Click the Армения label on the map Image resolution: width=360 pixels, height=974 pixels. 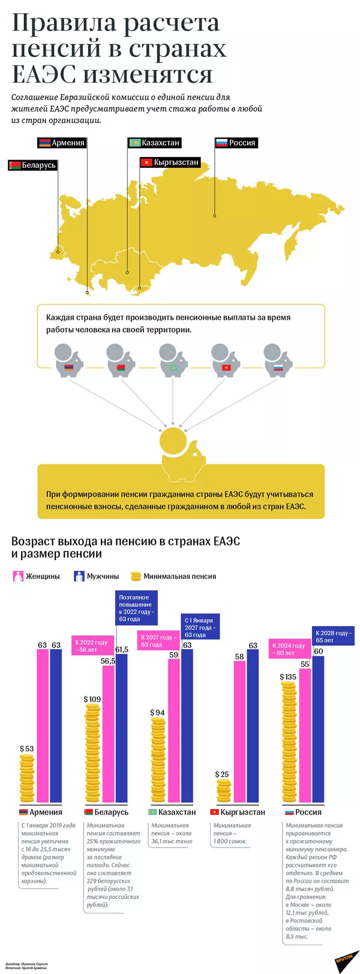pyautogui.click(x=61, y=143)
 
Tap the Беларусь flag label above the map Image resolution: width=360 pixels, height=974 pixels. pyautogui.click(x=32, y=165)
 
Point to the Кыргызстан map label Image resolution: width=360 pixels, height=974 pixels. pyautogui.click(x=169, y=163)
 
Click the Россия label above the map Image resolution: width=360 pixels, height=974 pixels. pyautogui.click(x=236, y=143)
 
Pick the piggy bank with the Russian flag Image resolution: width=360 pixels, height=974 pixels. pyautogui.click(x=278, y=360)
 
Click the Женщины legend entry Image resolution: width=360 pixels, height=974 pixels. pyautogui.click(x=37, y=576)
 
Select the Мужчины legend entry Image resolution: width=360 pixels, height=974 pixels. pyautogui.click(x=96, y=576)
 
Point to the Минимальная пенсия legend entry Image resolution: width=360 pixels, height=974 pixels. pyautogui.click(x=173, y=576)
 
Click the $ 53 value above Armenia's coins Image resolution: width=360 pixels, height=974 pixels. pyautogui.click(x=26, y=748)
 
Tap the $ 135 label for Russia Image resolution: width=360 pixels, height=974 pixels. pyautogui.click(x=288, y=677)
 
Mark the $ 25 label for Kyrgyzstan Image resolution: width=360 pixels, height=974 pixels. pyautogui.click(x=223, y=775)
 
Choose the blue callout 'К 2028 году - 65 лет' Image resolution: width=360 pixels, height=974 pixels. pyautogui.click(x=334, y=636)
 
